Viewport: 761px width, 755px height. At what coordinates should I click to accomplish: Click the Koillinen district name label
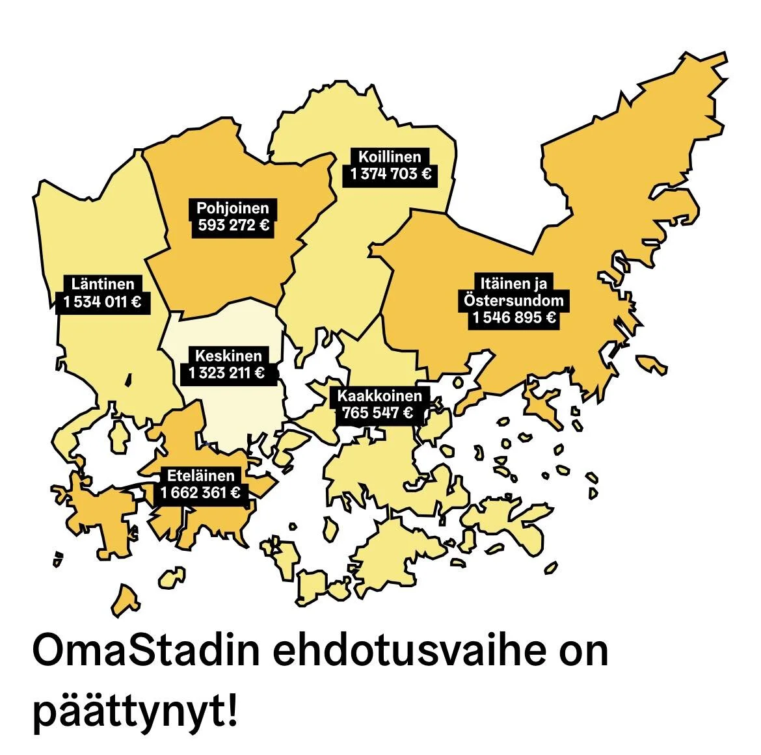pos(390,157)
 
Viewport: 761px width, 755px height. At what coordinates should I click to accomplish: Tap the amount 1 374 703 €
pos(390,174)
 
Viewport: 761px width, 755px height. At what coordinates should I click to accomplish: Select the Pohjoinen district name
pos(232,209)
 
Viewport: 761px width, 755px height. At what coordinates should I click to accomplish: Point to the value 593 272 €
pos(233,226)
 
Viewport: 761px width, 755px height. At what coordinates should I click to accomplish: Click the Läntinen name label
pos(103,284)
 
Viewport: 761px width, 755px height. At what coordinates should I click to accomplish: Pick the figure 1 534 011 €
pos(103,302)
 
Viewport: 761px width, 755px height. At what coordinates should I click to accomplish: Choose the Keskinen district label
pos(228,356)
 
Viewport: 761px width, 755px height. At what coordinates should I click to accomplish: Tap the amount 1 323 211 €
pos(227,373)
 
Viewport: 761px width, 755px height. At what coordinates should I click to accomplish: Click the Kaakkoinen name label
pos(379,395)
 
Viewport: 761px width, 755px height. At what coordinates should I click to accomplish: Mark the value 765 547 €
pos(378,412)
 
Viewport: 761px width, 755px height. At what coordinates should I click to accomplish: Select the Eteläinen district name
pos(200,475)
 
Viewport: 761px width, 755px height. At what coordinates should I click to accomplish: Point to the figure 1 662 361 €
pos(200,493)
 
